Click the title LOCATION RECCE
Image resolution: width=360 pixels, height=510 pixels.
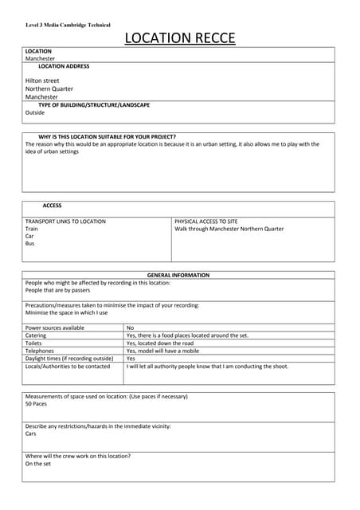(179, 37)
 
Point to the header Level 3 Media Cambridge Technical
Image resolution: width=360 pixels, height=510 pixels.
(68, 25)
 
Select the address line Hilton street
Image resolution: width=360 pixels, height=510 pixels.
(42, 80)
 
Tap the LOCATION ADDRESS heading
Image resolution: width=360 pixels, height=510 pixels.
(64, 66)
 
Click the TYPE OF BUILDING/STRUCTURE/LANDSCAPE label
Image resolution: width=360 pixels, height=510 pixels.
(93, 105)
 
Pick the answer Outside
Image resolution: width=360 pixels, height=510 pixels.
(35, 112)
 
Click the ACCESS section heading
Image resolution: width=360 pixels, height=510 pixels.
(52, 206)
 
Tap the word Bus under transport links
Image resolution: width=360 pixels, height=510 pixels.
(30, 243)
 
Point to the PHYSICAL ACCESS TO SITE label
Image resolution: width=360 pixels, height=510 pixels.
(205, 221)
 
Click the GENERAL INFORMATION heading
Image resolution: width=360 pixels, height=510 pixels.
(178, 275)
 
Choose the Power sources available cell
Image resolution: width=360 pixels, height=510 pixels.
(55, 328)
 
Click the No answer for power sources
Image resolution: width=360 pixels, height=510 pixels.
(131, 328)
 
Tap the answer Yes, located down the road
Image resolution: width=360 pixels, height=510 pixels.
(159, 343)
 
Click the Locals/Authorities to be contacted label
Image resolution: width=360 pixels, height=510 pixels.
(68, 367)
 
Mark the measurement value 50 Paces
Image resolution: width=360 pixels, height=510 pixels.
(37, 404)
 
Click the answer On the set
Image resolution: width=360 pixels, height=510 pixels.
(37, 463)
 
